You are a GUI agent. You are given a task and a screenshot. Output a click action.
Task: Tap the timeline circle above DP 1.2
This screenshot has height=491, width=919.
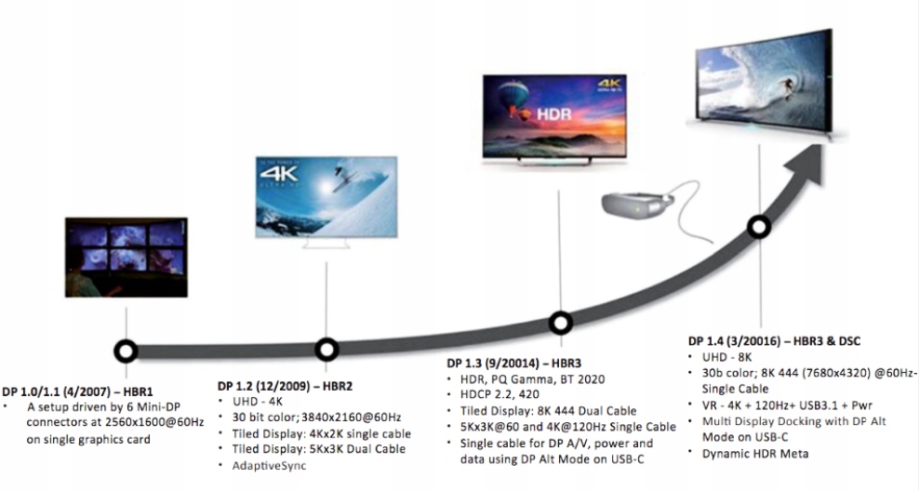(x=326, y=349)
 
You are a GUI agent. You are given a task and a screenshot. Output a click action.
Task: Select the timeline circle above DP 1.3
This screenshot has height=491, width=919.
(x=560, y=323)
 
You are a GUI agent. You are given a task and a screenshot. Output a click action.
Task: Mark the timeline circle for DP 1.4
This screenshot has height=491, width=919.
(x=760, y=227)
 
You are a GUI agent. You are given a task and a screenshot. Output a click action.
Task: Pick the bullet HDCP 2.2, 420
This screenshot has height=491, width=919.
(x=499, y=394)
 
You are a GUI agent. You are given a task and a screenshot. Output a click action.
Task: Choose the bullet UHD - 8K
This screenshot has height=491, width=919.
(x=726, y=357)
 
